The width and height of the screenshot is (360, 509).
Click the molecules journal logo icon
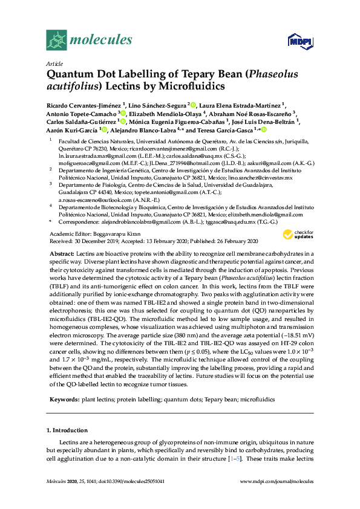click(56, 40)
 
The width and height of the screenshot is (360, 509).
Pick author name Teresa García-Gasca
click(228, 130)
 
